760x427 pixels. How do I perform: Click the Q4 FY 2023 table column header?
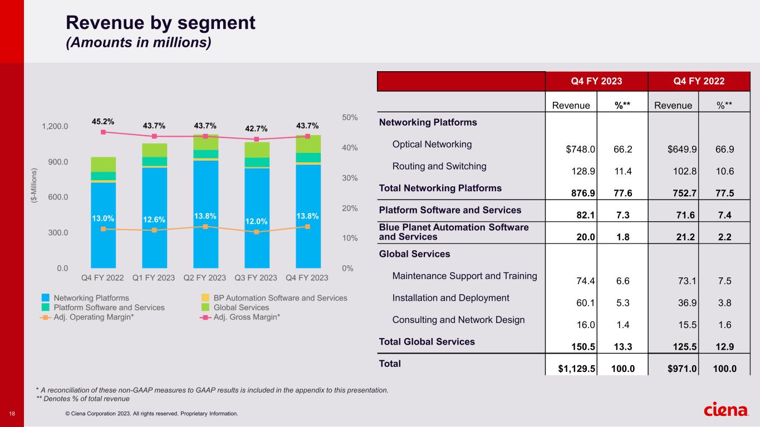(596, 81)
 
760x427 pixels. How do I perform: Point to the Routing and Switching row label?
(439, 166)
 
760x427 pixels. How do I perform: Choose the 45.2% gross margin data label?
(103, 121)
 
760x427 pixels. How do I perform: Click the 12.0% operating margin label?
(256, 221)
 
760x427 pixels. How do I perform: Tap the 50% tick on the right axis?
(350, 118)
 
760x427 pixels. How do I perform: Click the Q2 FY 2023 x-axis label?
(205, 277)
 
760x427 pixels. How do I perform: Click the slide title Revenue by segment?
(160, 23)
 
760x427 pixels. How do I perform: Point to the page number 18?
(12, 413)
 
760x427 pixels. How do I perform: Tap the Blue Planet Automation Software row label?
(453, 232)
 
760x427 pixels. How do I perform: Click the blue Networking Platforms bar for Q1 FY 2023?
(154, 217)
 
